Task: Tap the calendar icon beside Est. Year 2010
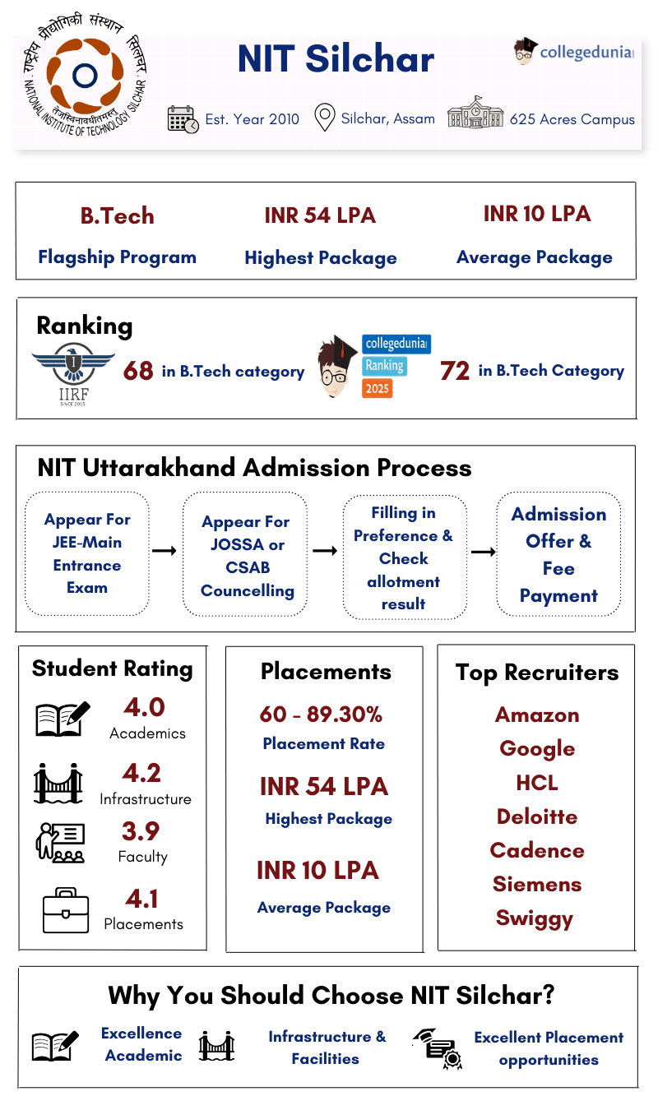[x=183, y=119]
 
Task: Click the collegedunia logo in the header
[x=573, y=52]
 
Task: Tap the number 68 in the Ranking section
[x=138, y=372]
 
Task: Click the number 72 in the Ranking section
[x=455, y=372]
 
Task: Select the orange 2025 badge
[x=378, y=388]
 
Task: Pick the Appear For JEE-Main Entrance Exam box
[x=87, y=553]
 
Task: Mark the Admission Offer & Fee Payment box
[x=558, y=554]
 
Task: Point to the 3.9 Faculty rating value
[x=141, y=831]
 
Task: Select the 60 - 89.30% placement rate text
[x=321, y=715]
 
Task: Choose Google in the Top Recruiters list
[x=537, y=749]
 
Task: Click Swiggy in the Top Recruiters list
[x=535, y=918]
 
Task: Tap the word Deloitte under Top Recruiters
[x=537, y=816]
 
